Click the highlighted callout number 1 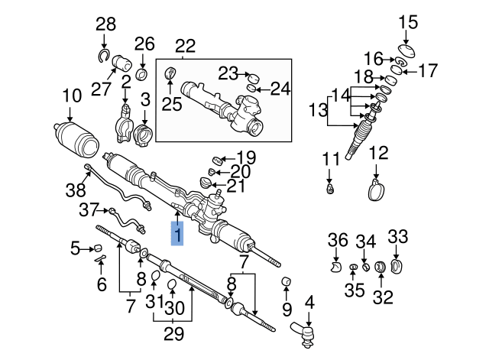click(x=177, y=235)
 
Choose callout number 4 click(x=309, y=302)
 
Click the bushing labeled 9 click(x=285, y=282)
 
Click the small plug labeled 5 click(x=97, y=247)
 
